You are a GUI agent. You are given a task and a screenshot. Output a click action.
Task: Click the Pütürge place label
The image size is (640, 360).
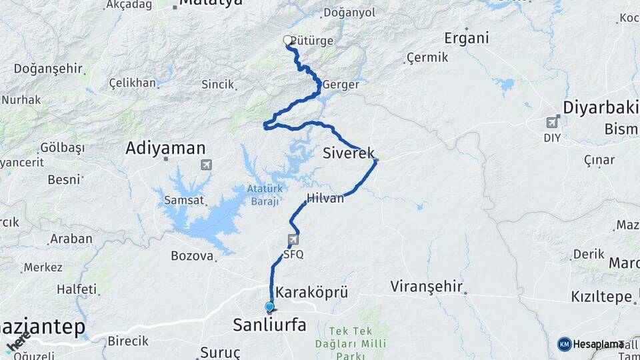(312, 41)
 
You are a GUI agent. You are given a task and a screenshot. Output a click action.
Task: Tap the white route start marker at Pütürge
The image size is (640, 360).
(288, 41)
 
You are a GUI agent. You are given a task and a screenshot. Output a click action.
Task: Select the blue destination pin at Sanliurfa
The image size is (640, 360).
(269, 307)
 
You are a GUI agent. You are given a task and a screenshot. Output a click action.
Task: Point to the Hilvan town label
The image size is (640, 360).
(325, 198)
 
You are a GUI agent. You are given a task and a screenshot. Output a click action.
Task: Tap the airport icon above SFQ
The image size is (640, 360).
(293, 239)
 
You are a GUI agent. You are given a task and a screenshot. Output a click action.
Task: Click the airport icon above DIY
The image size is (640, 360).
(552, 123)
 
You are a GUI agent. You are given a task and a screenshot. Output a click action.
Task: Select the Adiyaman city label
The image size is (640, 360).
(165, 149)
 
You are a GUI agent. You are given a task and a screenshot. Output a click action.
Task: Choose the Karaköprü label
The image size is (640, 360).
(311, 292)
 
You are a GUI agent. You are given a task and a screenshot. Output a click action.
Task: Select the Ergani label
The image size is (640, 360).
(466, 38)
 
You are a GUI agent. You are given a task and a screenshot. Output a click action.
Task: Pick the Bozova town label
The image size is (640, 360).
(192, 255)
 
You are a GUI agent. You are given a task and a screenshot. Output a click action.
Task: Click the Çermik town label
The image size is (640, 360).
(427, 58)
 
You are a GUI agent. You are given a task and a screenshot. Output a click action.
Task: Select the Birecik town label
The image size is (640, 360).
(128, 341)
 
